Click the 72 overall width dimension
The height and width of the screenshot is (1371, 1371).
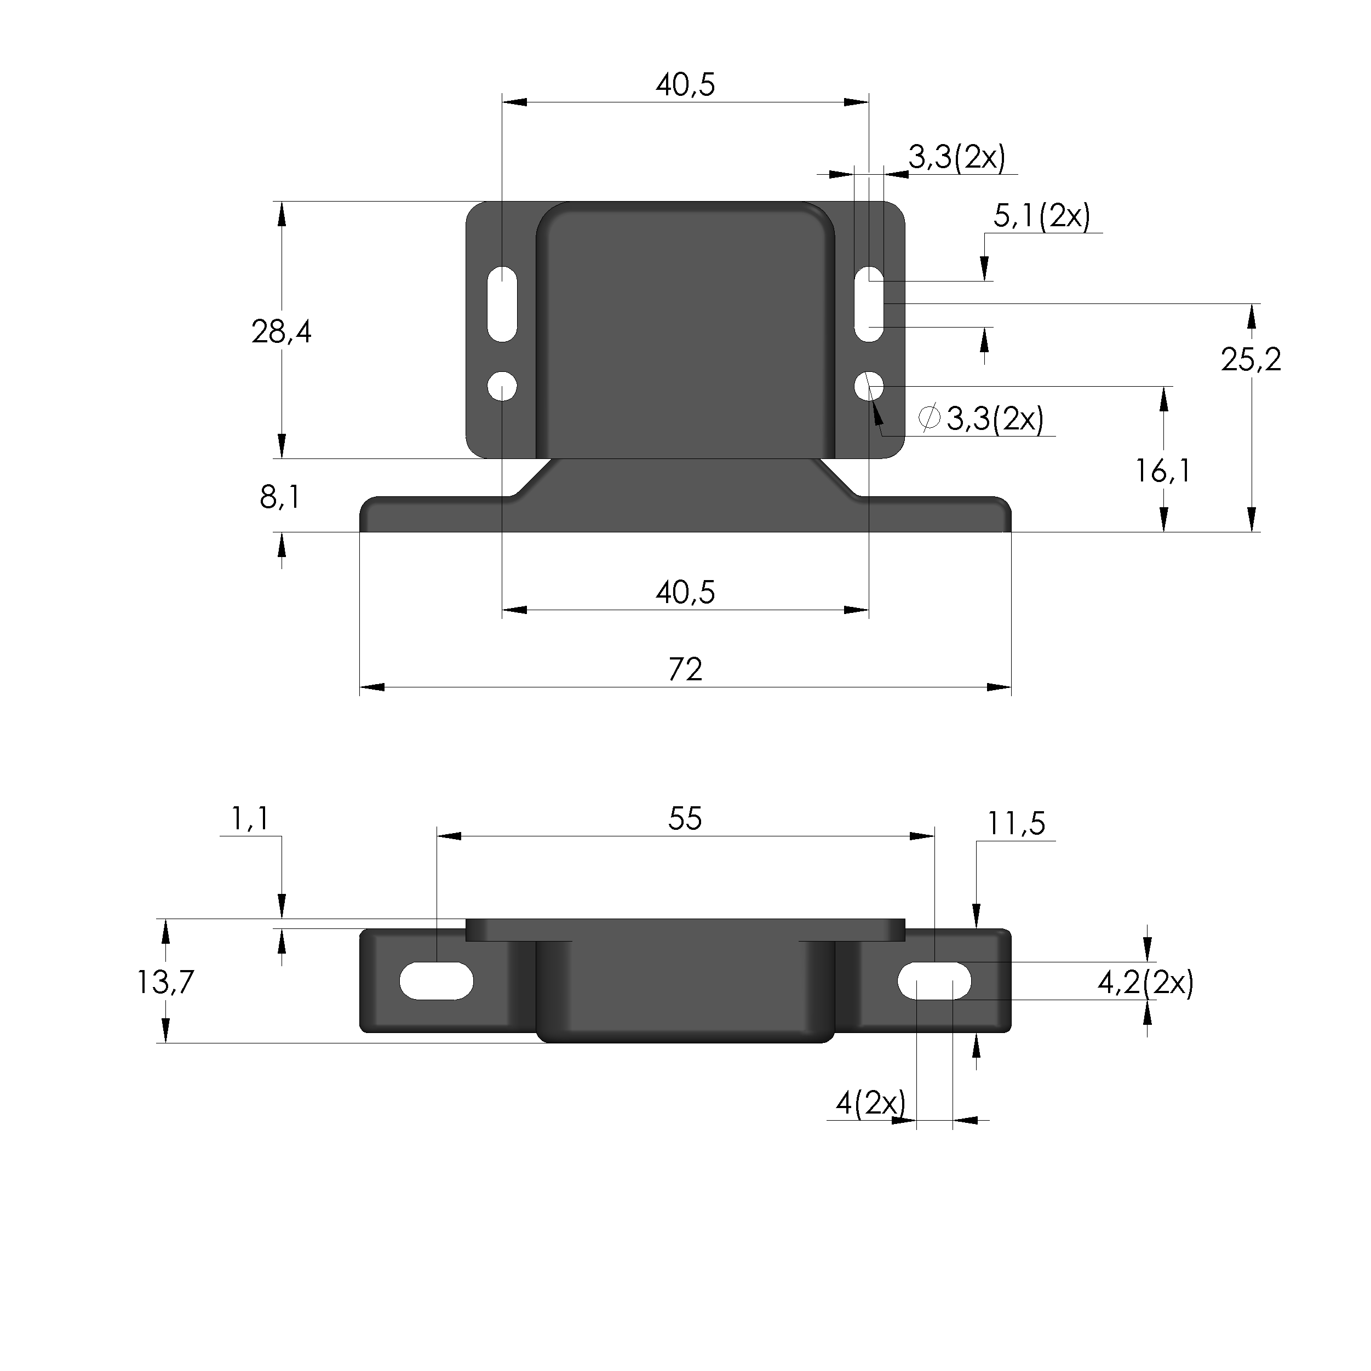pos(685,670)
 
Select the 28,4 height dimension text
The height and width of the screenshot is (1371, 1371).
pos(281,331)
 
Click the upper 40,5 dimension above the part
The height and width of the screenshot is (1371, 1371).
pos(685,85)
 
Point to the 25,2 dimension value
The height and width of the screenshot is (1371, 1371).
pos(1250,360)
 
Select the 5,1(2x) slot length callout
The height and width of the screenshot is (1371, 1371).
pos(1041,216)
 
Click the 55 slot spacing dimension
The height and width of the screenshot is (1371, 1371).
pos(685,819)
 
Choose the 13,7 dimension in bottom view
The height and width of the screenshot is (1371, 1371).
pos(165,982)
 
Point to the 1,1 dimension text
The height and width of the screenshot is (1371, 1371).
pos(250,819)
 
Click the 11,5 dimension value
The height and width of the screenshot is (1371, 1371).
pos(1016,824)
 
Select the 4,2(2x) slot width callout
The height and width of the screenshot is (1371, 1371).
pos(1145,983)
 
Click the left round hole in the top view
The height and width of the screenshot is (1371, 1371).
pos(502,387)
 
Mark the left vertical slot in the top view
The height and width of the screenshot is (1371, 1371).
pos(502,303)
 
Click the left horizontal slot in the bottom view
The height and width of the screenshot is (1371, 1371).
pos(437,982)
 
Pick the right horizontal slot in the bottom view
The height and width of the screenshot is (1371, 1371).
pos(934,982)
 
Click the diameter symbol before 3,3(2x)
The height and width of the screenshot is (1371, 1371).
pos(929,417)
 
